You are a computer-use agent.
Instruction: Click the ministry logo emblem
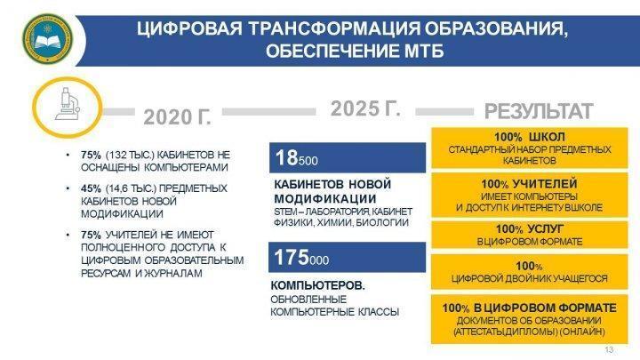[47, 39]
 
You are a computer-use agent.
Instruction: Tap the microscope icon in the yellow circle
[67, 105]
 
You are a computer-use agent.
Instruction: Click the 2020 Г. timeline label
[178, 117]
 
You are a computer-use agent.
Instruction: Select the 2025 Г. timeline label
[365, 108]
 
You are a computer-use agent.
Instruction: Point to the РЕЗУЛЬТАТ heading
[539, 111]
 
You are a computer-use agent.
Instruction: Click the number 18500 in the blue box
[296, 157]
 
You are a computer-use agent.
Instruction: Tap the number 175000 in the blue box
[301, 258]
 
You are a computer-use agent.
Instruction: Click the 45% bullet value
[91, 188]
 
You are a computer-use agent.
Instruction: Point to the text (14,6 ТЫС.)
[131, 188]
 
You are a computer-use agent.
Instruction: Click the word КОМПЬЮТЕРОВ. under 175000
[318, 285]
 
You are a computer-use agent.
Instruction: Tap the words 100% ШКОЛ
[530, 137]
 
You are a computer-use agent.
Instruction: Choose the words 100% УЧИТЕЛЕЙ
[529, 184]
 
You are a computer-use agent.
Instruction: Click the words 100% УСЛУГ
[530, 229]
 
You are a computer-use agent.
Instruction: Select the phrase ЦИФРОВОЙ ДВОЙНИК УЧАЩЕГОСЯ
[530, 279]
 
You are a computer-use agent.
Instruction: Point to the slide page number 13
[609, 350]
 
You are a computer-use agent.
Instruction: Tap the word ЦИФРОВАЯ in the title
[189, 29]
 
